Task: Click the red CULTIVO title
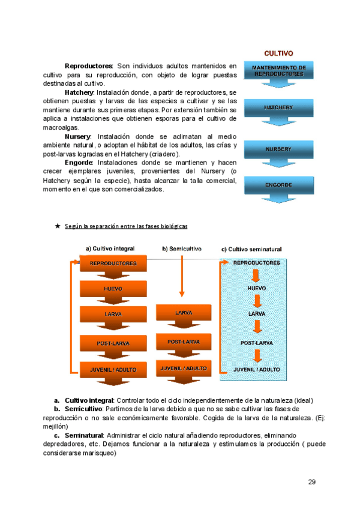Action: click(278, 53)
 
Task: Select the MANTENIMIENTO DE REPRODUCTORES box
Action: click(278, 71)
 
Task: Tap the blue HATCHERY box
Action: click(278, 107)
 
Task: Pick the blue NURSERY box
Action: click(278, 148)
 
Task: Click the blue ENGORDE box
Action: click(278, 185)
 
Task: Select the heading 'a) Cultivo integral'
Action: click(110, 248)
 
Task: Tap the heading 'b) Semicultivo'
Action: click(182, 248)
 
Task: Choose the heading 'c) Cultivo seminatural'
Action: click(251, 248)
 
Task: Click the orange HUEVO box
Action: click(113, 289)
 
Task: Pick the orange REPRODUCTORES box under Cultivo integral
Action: click(113, 263)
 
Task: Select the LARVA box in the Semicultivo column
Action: click(183, 313)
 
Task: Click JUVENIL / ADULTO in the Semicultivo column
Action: click(183, 368)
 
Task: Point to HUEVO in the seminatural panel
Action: click(257, 288)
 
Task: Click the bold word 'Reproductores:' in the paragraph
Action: click(89, 65)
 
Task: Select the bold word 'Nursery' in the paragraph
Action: click(77, 137)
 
